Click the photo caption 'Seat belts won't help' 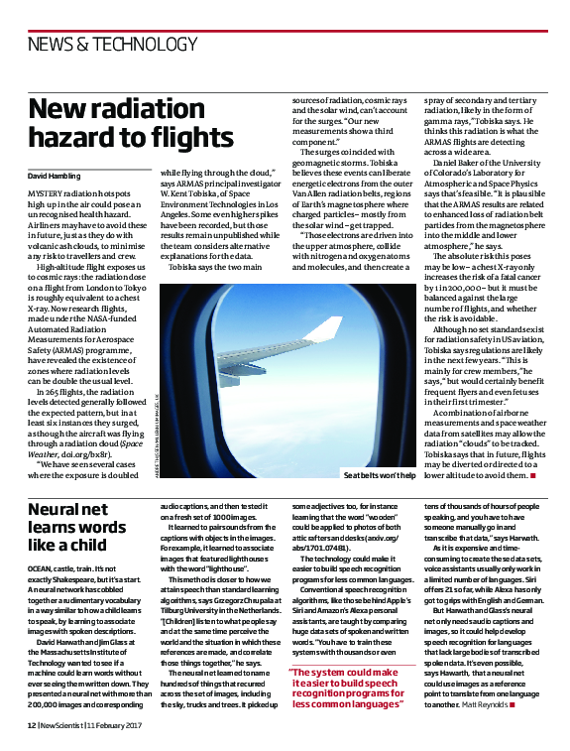point(379,476)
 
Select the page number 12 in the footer point(31,726)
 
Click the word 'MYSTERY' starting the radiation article point(46,190)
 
